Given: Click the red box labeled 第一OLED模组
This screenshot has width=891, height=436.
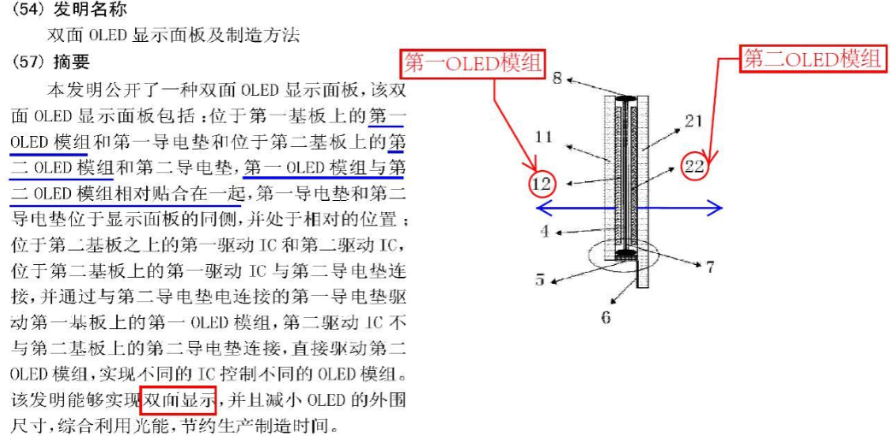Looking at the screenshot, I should click(x=473, y=64).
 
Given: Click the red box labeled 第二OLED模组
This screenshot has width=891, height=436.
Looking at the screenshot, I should click(x=812, y=59).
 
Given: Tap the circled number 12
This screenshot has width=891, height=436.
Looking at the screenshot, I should click(x=541, y=183).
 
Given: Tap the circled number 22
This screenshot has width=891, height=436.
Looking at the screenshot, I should click(x=696, y=166).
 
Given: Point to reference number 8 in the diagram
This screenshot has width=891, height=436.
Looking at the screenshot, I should click(x=557, y=79).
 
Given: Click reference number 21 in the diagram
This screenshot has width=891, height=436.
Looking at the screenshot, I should click(x=693, y=122).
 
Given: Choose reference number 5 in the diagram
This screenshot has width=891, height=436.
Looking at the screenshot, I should click(x=541, y=278).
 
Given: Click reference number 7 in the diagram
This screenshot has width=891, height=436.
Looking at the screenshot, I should click(x=709, y=267).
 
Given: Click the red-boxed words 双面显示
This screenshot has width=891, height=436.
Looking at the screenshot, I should click(x=179, y=399).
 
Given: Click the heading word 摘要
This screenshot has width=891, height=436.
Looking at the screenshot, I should click(x=71, y=62).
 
